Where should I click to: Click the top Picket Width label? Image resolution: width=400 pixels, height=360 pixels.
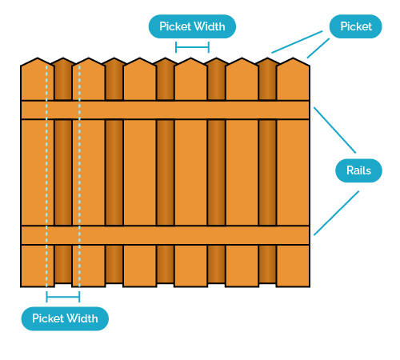[192, 26]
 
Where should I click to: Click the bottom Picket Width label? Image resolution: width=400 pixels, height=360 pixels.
[64, 318]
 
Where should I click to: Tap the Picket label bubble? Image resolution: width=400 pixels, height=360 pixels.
[356, 26]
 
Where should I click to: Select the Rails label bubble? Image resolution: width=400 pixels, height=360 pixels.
[358, 170]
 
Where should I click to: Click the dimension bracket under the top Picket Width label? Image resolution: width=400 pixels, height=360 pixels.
[192, 47]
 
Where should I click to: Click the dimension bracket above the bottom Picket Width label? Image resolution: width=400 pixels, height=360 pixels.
[63, 298]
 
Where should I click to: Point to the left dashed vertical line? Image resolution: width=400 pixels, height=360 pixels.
[46, 172]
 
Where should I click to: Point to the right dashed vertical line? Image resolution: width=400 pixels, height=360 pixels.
[79, 172]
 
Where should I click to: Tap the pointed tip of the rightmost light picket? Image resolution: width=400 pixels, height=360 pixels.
[293, 58]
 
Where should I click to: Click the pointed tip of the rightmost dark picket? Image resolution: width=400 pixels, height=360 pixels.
[267, 58]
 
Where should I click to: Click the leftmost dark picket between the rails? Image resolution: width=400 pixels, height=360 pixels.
[62, 172]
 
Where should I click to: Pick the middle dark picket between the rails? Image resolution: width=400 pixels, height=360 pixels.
[165, 172]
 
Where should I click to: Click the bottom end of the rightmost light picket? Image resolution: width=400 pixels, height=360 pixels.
[293, 285]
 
